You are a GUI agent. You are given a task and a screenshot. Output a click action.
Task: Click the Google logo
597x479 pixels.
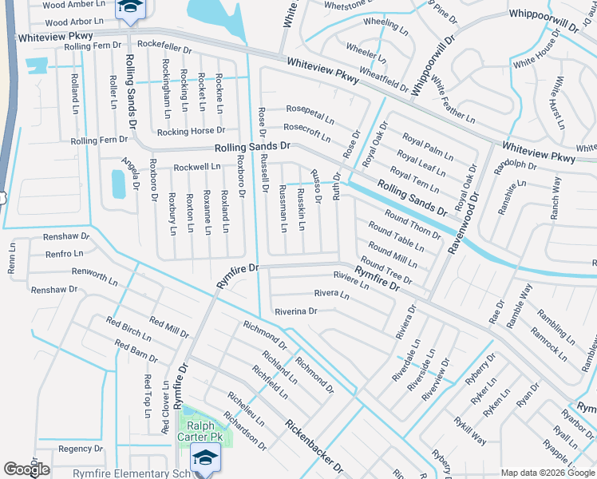(x=26, y=469)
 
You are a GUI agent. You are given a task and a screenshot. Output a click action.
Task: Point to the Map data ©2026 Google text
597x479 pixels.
(x=548, y=473)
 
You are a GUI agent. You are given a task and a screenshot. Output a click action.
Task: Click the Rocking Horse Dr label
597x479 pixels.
(x=192, y=131)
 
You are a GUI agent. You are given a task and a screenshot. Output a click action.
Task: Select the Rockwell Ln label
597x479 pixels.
(x=197, y=167)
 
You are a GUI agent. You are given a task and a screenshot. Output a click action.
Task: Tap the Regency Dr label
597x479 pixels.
(x=81, y=449)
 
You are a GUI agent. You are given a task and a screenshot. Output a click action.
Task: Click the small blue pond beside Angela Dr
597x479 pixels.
(x=119, y=185)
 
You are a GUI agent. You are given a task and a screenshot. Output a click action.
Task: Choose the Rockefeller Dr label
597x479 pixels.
(x=164, y=48)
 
